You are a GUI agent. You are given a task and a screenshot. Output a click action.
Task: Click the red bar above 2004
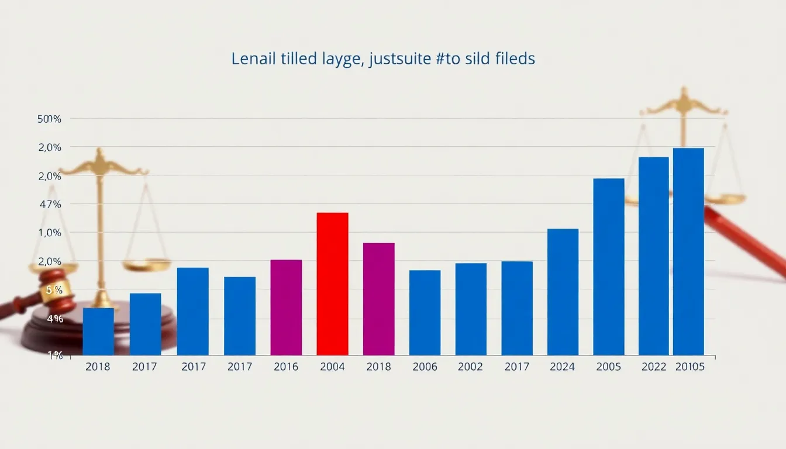pyautogui.click(x=332, y=284)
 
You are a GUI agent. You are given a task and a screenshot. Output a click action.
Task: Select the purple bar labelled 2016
pyautogui.click(x=286, y=307)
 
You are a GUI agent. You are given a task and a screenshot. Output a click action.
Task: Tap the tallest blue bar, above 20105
pyautogui.click(x=688, y=251)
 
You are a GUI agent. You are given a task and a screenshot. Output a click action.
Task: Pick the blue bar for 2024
pyautogui.click(x=563, y=292)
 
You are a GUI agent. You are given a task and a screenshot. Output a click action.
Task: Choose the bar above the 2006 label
pyautogui.click(x=425, y=312)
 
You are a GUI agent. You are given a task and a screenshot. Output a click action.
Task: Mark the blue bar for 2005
pyautogui.click(x=609, y=267)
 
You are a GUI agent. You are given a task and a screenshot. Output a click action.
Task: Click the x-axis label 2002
pyautogui.click(x=471, y=367)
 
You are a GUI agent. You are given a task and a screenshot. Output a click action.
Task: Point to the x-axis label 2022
pyautogui.click(x=654, y=367)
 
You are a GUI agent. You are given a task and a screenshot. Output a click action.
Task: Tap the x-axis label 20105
pyautogui.click(x=690, y=367)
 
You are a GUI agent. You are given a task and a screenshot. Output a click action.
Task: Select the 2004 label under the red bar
pyautogui.click(x=332, y=367)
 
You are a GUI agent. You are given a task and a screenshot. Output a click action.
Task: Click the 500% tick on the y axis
pyautogui.click(x=49, y=119)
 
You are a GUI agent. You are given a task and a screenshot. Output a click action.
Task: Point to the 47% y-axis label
pyautogui.click(x=50, y=205)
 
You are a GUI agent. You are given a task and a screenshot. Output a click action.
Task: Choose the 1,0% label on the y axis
pyautogui.click(x=50, y=233)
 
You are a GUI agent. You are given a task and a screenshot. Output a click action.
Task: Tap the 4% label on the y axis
pyautogui.click(x=55, y=319)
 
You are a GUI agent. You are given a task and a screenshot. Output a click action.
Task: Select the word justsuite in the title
pyautogui.click(x=404, y=60)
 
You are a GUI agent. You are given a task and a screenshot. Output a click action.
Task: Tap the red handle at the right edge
pyautogui.click(x=749, y=240)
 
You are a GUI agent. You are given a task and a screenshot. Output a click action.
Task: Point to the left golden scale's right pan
pyautogui.click(x=146, y=265)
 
